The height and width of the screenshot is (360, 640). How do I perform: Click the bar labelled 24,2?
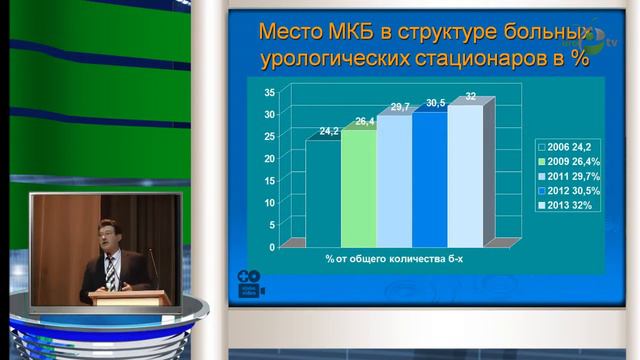[x=323, y=192]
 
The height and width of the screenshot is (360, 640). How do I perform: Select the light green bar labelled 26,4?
[x=358, y=187]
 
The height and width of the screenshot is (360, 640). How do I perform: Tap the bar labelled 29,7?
[x=394, y=180]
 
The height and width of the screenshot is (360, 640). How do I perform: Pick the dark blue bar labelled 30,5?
[x=429, y=178]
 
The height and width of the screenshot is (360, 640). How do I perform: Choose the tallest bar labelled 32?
[x=464, y=174]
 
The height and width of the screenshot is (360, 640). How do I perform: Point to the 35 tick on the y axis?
[x=269, y=92]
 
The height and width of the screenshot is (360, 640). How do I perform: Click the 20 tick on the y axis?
[x=269, y=158]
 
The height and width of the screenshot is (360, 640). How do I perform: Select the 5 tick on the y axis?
[x=272, y=224]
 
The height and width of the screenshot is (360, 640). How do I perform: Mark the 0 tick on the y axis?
[x=272, y=246]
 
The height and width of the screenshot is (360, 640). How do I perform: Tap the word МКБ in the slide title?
[x=346, y=26]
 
